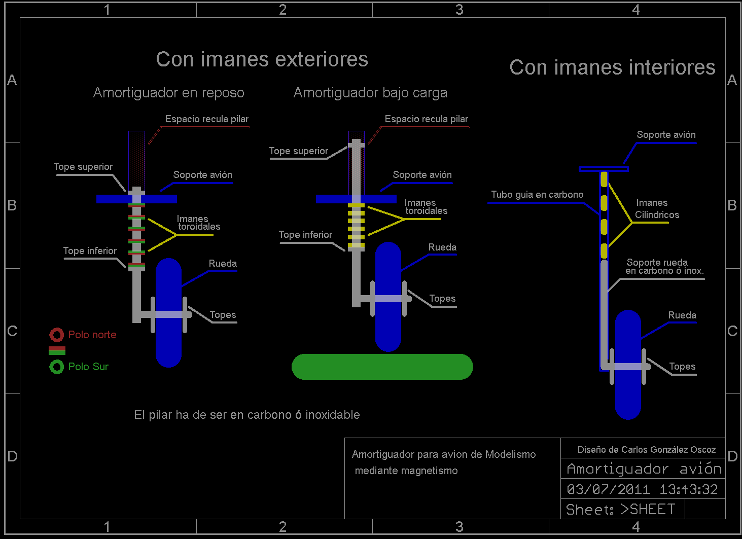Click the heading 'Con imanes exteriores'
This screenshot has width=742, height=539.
click(262, 60)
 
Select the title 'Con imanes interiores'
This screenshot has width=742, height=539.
click(612, 67)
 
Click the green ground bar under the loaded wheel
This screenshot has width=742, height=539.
click(382, 367)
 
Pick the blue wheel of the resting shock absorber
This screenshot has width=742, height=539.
click(168, 313)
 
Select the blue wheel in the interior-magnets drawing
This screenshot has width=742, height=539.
click(628, 365)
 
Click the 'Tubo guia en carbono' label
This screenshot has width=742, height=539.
click(537, 195)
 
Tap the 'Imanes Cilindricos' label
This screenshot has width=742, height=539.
click(657, 208)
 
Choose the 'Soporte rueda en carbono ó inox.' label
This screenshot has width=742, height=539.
click(664, 267)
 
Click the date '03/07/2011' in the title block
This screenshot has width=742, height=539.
click(608, 489)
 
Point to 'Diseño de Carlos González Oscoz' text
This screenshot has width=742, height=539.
click(647, 450)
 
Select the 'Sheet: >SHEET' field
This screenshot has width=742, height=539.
click(620, 509)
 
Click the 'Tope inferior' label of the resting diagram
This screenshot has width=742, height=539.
click(90, 251)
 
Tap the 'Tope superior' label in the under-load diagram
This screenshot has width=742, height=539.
click(298, 151)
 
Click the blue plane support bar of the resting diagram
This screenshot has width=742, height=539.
click(136, 199)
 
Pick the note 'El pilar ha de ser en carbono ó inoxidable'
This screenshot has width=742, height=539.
click(247, 415)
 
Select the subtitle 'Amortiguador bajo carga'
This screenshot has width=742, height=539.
click(370, 93)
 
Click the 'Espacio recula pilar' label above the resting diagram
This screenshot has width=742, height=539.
click(207, 119)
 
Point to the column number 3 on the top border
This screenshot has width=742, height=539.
click(459, 10)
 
